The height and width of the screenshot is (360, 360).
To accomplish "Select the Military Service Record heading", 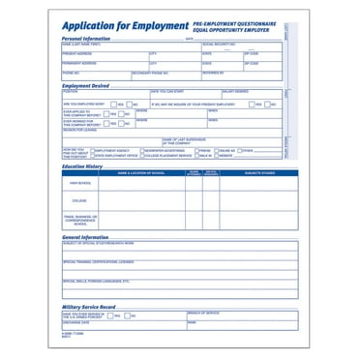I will click(93, 306).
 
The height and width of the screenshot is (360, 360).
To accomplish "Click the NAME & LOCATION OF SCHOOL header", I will click(141, 172).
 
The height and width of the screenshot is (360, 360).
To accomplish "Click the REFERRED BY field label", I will click(214, 72).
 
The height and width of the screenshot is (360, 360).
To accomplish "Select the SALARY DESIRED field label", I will click(235, 92).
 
